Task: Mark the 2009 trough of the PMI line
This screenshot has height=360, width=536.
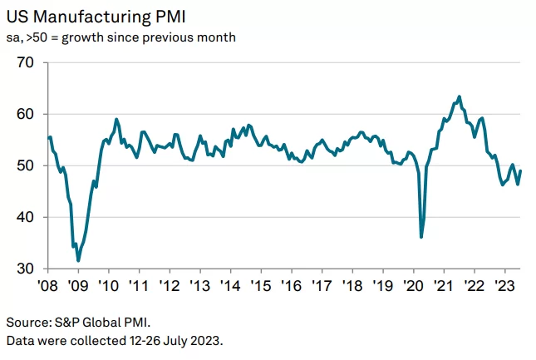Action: point(78,260)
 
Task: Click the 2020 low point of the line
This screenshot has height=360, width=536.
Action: point(421,237)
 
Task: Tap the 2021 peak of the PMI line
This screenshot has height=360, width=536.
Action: point(460,96)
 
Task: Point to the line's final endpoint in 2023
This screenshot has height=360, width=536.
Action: point(521,171)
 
